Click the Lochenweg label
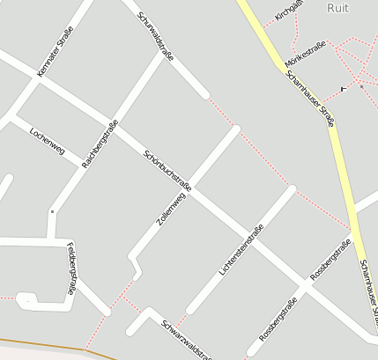48,138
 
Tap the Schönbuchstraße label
167,169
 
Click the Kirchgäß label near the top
289,10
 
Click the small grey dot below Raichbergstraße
52,211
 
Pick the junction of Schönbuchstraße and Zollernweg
193,188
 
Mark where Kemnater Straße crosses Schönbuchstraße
38,77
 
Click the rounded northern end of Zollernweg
235,130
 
